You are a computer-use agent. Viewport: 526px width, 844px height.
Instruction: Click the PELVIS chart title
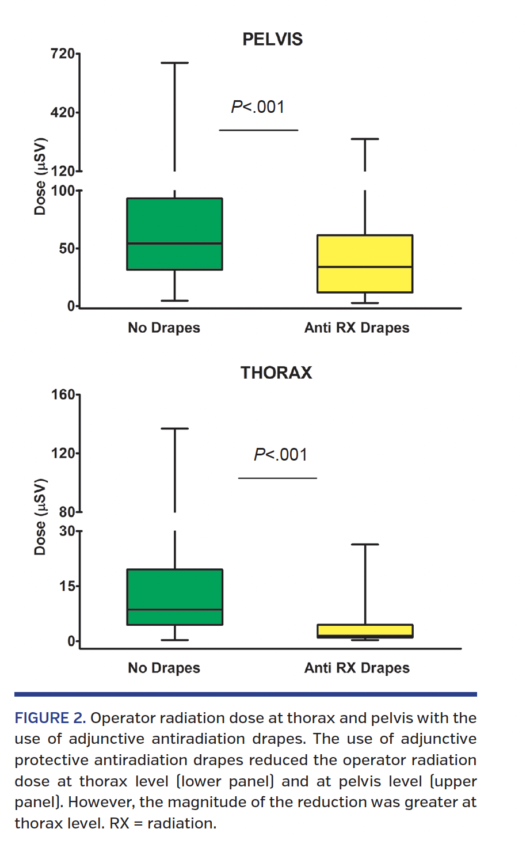[272, 39]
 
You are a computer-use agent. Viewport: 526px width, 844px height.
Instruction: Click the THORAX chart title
[276, 372]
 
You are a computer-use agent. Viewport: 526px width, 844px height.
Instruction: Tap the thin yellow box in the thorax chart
[365, 630]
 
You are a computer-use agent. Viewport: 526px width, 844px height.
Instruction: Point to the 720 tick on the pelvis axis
[63, 54]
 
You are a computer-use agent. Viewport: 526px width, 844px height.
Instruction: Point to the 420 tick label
[63, 112]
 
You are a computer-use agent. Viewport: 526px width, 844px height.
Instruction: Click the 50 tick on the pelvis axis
[67, 248]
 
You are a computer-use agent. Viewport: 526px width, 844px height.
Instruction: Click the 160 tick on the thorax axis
[63, 395]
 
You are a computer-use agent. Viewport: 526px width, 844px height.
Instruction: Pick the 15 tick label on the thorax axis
[67, 586]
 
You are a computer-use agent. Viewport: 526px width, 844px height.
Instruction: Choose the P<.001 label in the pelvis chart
[258, 107]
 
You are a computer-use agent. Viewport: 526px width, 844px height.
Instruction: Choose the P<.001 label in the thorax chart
[280, 455]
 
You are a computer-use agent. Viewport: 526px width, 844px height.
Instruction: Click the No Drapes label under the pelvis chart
[164, 328]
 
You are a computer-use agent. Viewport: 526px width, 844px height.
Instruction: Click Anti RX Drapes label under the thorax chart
[357, 668]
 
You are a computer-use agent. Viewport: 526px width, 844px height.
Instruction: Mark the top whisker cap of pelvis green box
[174, 63]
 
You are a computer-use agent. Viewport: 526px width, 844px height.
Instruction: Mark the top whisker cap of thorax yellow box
[365, 544]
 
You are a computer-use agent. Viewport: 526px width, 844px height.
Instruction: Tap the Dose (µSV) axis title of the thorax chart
[40, 516]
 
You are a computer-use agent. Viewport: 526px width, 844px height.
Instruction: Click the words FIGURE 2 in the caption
[50, 718]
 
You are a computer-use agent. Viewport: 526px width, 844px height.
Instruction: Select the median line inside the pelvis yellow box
[365, 267]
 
